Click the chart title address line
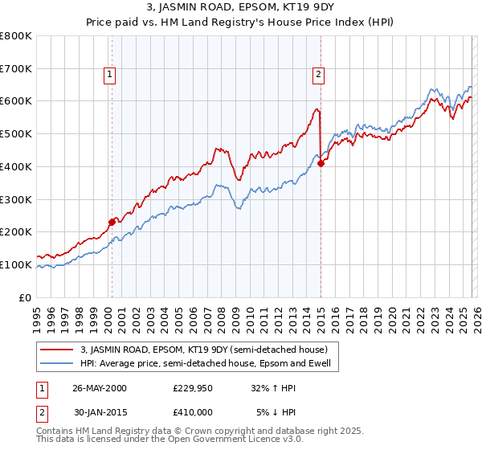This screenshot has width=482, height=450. tap(240, 9)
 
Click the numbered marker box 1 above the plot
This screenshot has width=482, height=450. tap(110, 75)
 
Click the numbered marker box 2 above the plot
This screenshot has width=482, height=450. tap(319, 75)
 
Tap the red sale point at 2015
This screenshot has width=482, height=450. tap(321, 163)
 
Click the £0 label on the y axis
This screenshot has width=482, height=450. tap(24, 297)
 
